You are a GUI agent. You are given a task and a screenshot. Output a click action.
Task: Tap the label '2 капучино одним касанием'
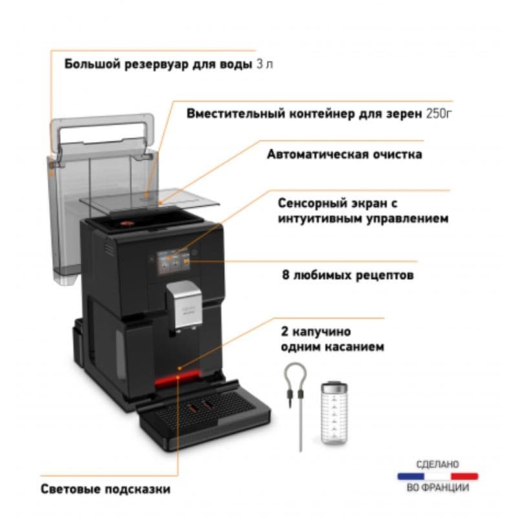point(332,339)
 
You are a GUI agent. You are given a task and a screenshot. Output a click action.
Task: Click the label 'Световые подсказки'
point(105,489)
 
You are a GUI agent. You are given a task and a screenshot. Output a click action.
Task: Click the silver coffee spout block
point(185,304)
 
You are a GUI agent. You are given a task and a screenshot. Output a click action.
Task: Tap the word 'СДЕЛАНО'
point(438,464)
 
